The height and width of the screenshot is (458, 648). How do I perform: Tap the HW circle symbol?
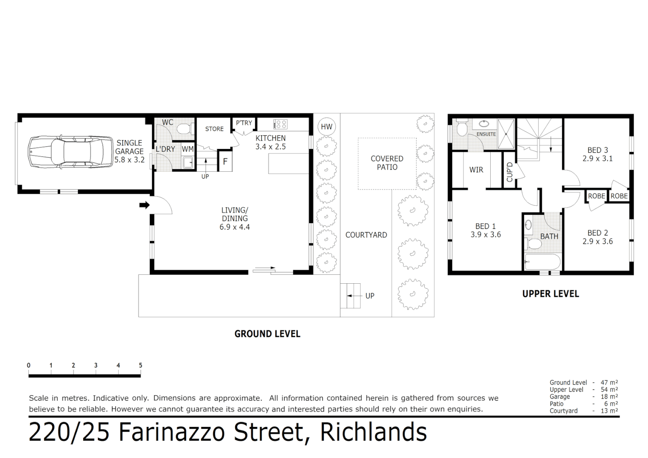[327, 126]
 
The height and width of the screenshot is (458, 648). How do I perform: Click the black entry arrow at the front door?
[145, 205]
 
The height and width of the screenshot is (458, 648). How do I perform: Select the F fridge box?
[225, 162]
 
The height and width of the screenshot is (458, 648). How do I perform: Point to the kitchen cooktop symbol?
[280, 124]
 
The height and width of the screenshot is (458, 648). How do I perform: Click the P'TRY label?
[244, 123]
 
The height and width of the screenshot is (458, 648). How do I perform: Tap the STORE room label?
[214, 129]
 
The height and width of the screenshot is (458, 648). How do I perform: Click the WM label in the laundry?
[187, 149]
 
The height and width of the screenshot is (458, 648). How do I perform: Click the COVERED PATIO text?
[387, 163]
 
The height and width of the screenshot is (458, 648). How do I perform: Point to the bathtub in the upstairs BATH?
[542, 262]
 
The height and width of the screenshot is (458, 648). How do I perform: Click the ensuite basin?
[484, 124]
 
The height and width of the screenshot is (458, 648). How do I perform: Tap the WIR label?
[476, 170]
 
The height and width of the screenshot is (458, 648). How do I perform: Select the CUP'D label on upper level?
[510, 172]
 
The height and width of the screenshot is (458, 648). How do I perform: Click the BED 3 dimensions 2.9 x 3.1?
[598, 159]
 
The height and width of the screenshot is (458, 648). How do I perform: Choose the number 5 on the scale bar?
[140, 365]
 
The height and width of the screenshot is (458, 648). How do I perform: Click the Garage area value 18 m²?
[609, 397]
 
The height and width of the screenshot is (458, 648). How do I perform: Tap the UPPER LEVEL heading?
[550, 294]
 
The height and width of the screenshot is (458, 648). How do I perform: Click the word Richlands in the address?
[373, 433]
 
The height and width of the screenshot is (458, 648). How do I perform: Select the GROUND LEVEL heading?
[267, 334]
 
